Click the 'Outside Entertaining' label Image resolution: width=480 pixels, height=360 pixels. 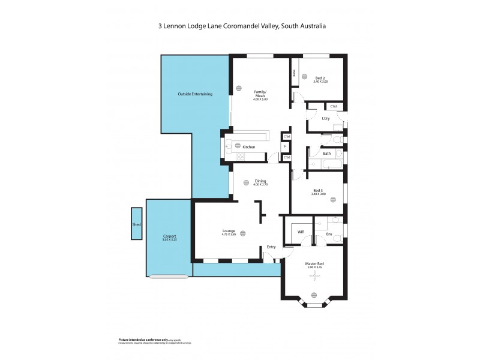pos(194,94)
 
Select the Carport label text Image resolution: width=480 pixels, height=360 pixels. pos(169,236)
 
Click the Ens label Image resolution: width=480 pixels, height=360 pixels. pos(329,234)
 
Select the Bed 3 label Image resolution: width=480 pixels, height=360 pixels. pos(318,190)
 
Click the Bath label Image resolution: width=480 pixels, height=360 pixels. pos(326,154)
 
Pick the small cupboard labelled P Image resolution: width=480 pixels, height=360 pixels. pos(286,147)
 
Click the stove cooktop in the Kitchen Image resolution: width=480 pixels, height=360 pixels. pos(241,157)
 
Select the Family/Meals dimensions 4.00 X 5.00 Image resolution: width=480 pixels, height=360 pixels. pos(260,99)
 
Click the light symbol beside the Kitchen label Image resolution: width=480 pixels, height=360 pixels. pos(238,146)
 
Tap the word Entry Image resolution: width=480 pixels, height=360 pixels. pos(272,247)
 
